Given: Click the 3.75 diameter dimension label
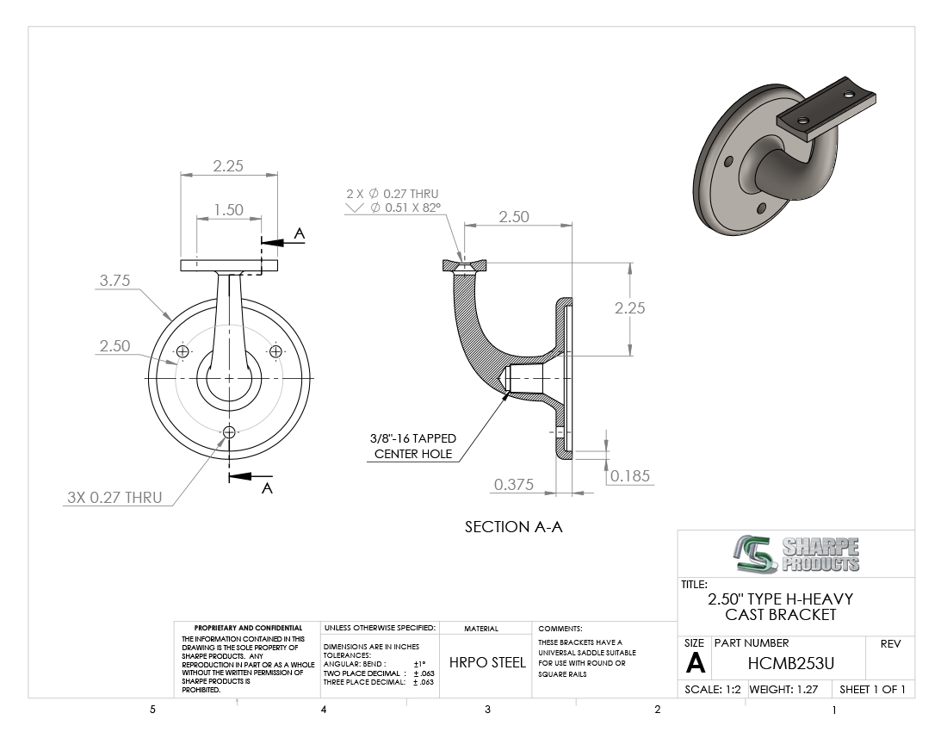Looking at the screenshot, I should (115, 281).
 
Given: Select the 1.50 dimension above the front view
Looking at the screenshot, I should (228, 209).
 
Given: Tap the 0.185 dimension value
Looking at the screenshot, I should (629, 475).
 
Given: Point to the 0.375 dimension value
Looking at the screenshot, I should (513, 485).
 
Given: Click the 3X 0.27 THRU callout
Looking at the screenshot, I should (115, 497).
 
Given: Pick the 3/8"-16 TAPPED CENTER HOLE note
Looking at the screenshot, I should (413, 446).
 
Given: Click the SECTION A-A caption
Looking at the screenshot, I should (513, 526).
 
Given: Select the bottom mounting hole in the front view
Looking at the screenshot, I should (229, 431).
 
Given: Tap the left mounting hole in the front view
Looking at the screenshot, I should (183, 351).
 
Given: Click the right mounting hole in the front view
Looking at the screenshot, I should (275, 351).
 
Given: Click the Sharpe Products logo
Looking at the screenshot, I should (796, 554).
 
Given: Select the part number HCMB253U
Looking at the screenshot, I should (789, 663).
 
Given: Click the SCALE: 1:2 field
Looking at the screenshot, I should (713, 689).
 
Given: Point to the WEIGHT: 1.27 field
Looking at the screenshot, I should (783, 689).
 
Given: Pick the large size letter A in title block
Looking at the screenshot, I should (695, 663).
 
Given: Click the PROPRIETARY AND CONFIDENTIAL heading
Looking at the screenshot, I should (248, 629).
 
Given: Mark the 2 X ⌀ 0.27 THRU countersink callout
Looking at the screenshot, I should (393, 201).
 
